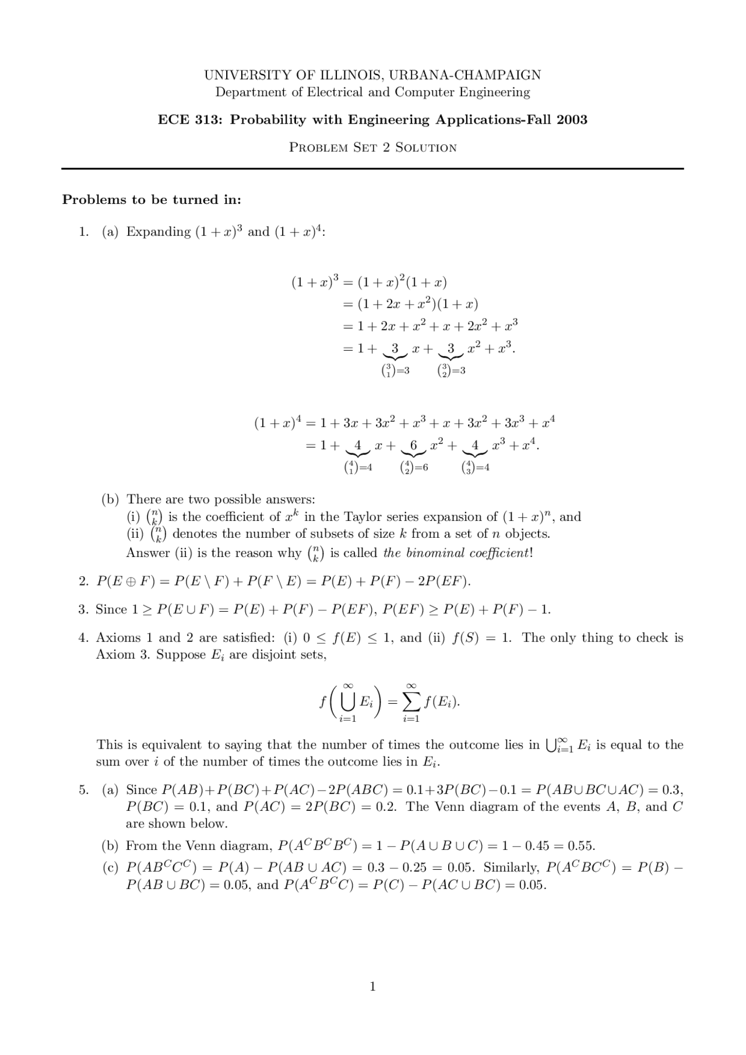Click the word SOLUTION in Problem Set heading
click(425, 147)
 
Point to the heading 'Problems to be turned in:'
click(152, 200)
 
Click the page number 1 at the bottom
click(373, 986)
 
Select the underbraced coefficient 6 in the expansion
click(414, 446)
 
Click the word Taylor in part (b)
click(363, 517)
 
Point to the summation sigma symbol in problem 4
click(411, 703)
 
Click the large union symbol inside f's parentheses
click(347, 703)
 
